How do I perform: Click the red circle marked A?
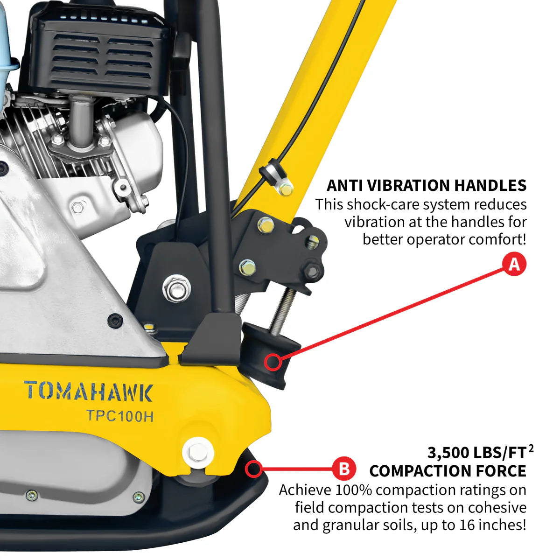[x=514, y=264]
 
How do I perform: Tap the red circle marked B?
[x=344, y=468]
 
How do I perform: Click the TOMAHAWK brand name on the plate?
[x=88, y=392]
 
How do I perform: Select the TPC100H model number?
[x=120, y=416]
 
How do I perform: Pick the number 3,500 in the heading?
[x=448, y=453]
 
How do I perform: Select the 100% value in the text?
[x=356, y=490]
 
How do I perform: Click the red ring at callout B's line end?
[x=254, y=468]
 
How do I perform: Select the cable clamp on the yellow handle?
[x=269, y=171]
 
